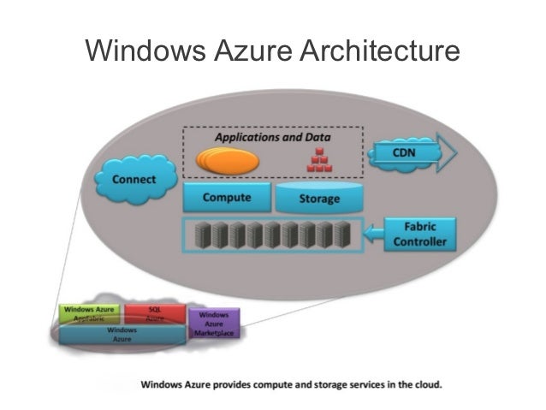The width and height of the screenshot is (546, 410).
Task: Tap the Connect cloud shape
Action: [x=134, y=179]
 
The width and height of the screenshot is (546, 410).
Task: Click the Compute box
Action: [x=226, y=198]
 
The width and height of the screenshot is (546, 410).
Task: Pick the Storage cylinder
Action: [x=318, y=199]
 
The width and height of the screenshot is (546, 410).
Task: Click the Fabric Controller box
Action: [x=419, y=234]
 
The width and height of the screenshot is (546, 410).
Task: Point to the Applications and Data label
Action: [x=273, y=137]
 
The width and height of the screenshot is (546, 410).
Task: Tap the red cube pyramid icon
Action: [x=319, y=159]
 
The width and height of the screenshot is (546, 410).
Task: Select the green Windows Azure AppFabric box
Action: [x=90, y=312]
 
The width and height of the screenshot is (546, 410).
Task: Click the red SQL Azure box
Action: [x=155, y=312]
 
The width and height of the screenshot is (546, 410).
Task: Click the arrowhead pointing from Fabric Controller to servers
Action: [x=371, y=233]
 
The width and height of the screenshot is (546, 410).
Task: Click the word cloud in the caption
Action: [x=424, y=384]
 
